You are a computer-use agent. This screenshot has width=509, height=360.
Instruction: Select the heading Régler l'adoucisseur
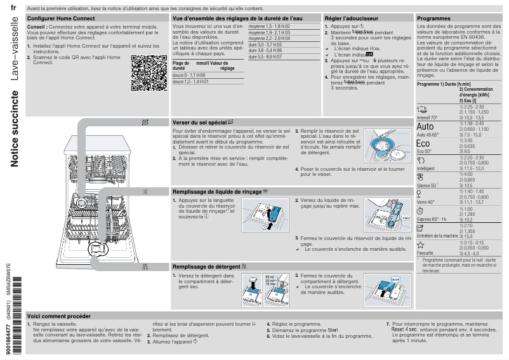tap(351, 20)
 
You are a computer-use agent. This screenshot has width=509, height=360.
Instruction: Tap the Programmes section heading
tap(434, 20)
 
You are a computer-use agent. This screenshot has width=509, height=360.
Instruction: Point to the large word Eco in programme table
tap(423, 144)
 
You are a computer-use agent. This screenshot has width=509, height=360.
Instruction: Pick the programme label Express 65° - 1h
tap(432, 219)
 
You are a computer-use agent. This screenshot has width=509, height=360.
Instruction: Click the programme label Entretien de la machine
tap(437, 236)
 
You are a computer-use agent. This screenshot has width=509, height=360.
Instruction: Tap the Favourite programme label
tap(425, 253)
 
